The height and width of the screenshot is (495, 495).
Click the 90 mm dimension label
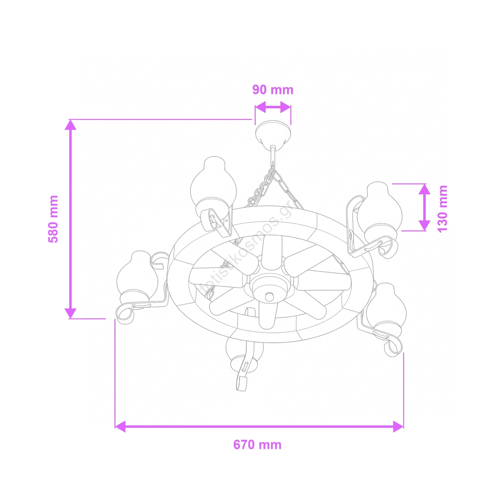[273, 90]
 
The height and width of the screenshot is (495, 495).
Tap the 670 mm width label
[257, 445]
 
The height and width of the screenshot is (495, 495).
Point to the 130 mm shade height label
[442, 209]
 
